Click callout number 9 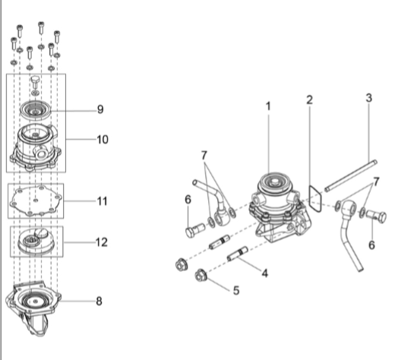pos(100,109)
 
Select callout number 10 pos(103,140)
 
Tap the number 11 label pos(103,201)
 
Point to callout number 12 pos(102,242)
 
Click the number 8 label pos(99,302)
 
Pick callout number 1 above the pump pos(268,106)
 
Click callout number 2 pos(309,100)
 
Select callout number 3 pos(369,98)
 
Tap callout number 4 pos(265,273)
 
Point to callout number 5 pos(236,290)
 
